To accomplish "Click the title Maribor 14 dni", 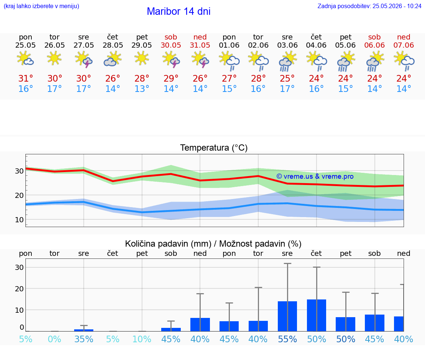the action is pos(179,11).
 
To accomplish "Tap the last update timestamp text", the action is pos(369,6).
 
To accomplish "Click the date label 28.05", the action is pos(113,45).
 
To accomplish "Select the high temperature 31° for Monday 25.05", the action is pos(25,78).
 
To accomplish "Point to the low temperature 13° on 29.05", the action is pos(142,89).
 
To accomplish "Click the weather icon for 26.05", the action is pos(54,58).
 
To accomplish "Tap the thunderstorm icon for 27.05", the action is pos(83,59).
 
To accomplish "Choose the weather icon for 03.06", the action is pos(288,61).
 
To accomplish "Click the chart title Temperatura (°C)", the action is pos(214,148).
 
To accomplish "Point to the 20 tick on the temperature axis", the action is pos(19,195).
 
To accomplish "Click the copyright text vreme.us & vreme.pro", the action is pos(315,176).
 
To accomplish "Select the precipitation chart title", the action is pos(213,244).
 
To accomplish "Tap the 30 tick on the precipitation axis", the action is pos(19,267).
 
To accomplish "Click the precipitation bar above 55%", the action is pos(287,316).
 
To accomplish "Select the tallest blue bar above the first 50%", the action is pos(317,315).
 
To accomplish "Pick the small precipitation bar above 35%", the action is pos(84,330).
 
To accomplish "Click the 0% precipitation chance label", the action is pos(55,339).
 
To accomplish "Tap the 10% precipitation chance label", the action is pos(142,339).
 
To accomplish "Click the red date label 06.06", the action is pos(374,45).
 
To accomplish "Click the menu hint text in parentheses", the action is pos(41,6).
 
